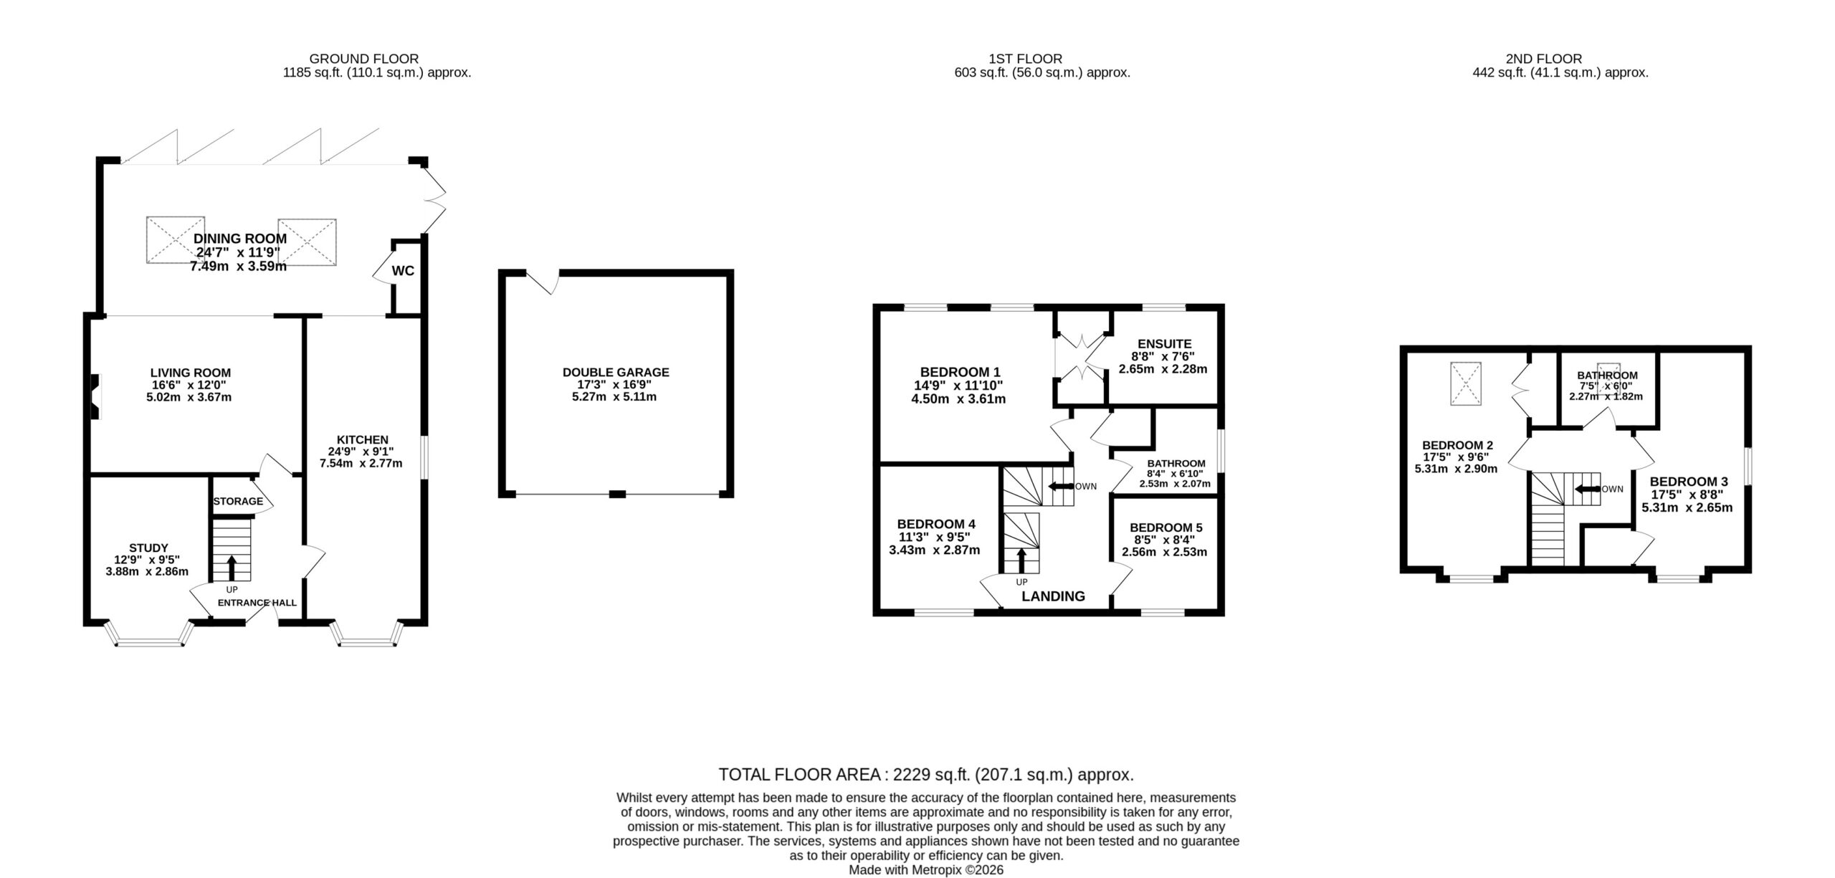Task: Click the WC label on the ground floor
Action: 403,271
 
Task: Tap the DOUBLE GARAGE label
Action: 616,372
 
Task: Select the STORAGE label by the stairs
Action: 238,501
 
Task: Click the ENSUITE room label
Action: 1164,343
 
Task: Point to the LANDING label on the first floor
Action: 1053,596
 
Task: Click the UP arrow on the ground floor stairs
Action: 231,567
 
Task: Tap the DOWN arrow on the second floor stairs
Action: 1587,490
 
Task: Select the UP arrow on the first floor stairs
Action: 1021,560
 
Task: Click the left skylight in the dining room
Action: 176,242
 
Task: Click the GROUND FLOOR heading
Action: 364,59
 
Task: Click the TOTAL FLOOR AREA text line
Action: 926,774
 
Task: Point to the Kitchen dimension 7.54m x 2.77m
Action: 361,463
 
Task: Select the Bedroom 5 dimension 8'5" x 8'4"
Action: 1164,540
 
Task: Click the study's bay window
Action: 149,635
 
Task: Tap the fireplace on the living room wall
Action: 94,395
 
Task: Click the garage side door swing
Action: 543,282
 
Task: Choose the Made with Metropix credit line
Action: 926,870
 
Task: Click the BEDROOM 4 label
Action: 935,524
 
